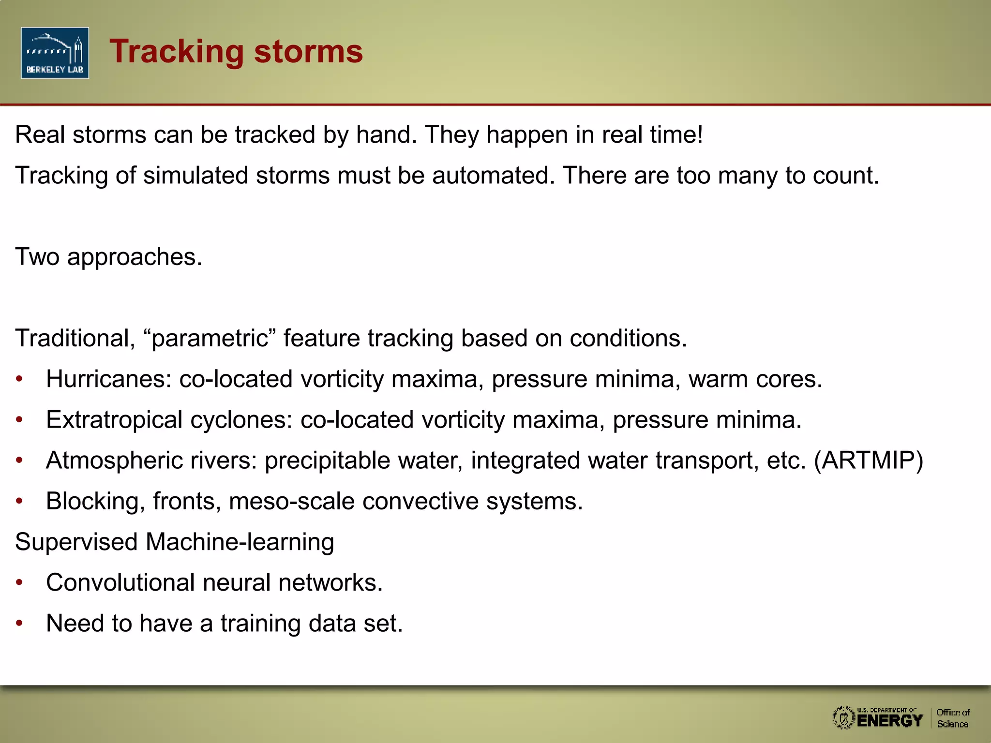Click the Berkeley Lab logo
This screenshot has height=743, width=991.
pyautogui.click(x=55, y=53)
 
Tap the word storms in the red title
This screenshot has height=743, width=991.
pyautogui.click(x=308, y=51)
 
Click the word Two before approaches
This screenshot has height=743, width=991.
pyautogui.click(x=37, y=256)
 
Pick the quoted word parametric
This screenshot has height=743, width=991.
pyautogui.click(x=210, y=338)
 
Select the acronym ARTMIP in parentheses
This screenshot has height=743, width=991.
pyautogui.click(x=868, y=460)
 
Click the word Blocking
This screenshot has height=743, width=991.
pyautogui.click(x=95, y=501)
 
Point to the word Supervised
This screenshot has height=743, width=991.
pyautogui.click(x=76, y=542)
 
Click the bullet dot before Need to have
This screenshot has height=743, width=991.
pyautogui.click(x=19, y=623)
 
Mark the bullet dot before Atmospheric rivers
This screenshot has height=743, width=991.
pyautogui.click(x=19, y=460)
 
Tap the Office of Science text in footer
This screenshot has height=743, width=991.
pyautogui.click(x=953, y=718)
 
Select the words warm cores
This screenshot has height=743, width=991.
pyautogui.click(x=755, y=379)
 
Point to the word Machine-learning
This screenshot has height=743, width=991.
pyautogui.click(x=240, y=542)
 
